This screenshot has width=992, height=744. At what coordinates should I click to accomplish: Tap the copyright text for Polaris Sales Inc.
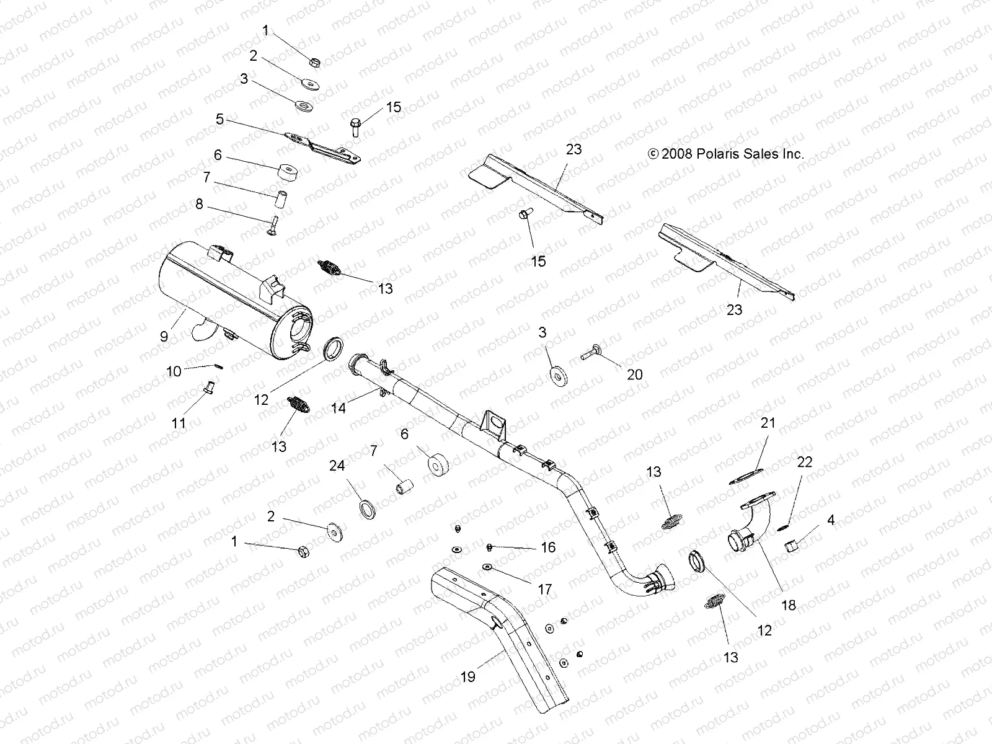725,154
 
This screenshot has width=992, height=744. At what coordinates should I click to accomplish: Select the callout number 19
468,676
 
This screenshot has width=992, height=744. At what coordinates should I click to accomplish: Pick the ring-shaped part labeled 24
370,510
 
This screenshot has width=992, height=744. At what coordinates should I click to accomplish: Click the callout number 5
220,118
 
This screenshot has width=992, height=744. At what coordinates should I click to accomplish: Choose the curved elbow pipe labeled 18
753,527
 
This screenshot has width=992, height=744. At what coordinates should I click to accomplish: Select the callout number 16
548,547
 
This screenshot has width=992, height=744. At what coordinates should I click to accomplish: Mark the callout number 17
545,589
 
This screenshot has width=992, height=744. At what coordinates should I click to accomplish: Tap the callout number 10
174,371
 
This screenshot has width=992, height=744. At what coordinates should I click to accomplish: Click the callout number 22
805,462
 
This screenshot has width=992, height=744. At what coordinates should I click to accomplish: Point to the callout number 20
635,374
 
